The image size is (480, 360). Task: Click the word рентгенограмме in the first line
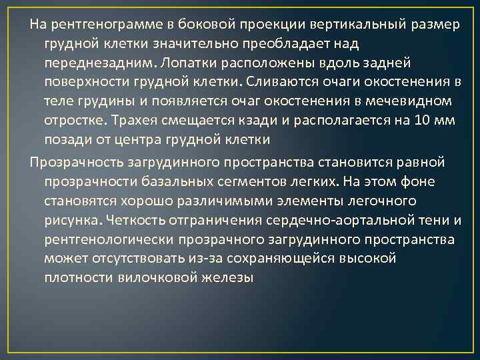tap(99, 25)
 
